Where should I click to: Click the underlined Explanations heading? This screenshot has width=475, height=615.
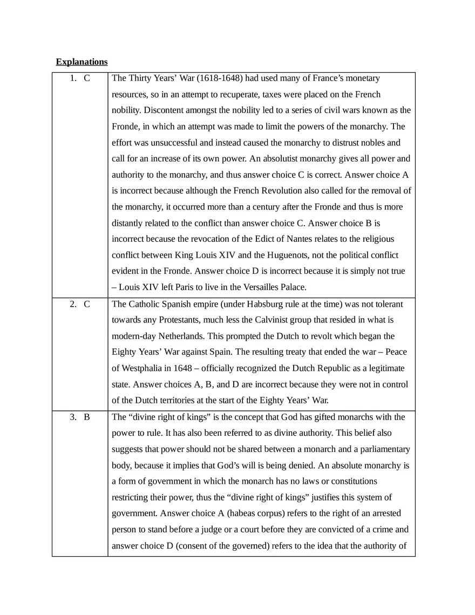click(82, 62)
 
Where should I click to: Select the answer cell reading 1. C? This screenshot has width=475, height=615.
click(80, 78)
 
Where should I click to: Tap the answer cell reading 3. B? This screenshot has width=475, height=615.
click(80, 417)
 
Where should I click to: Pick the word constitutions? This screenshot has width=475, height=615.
click(351, 481)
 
